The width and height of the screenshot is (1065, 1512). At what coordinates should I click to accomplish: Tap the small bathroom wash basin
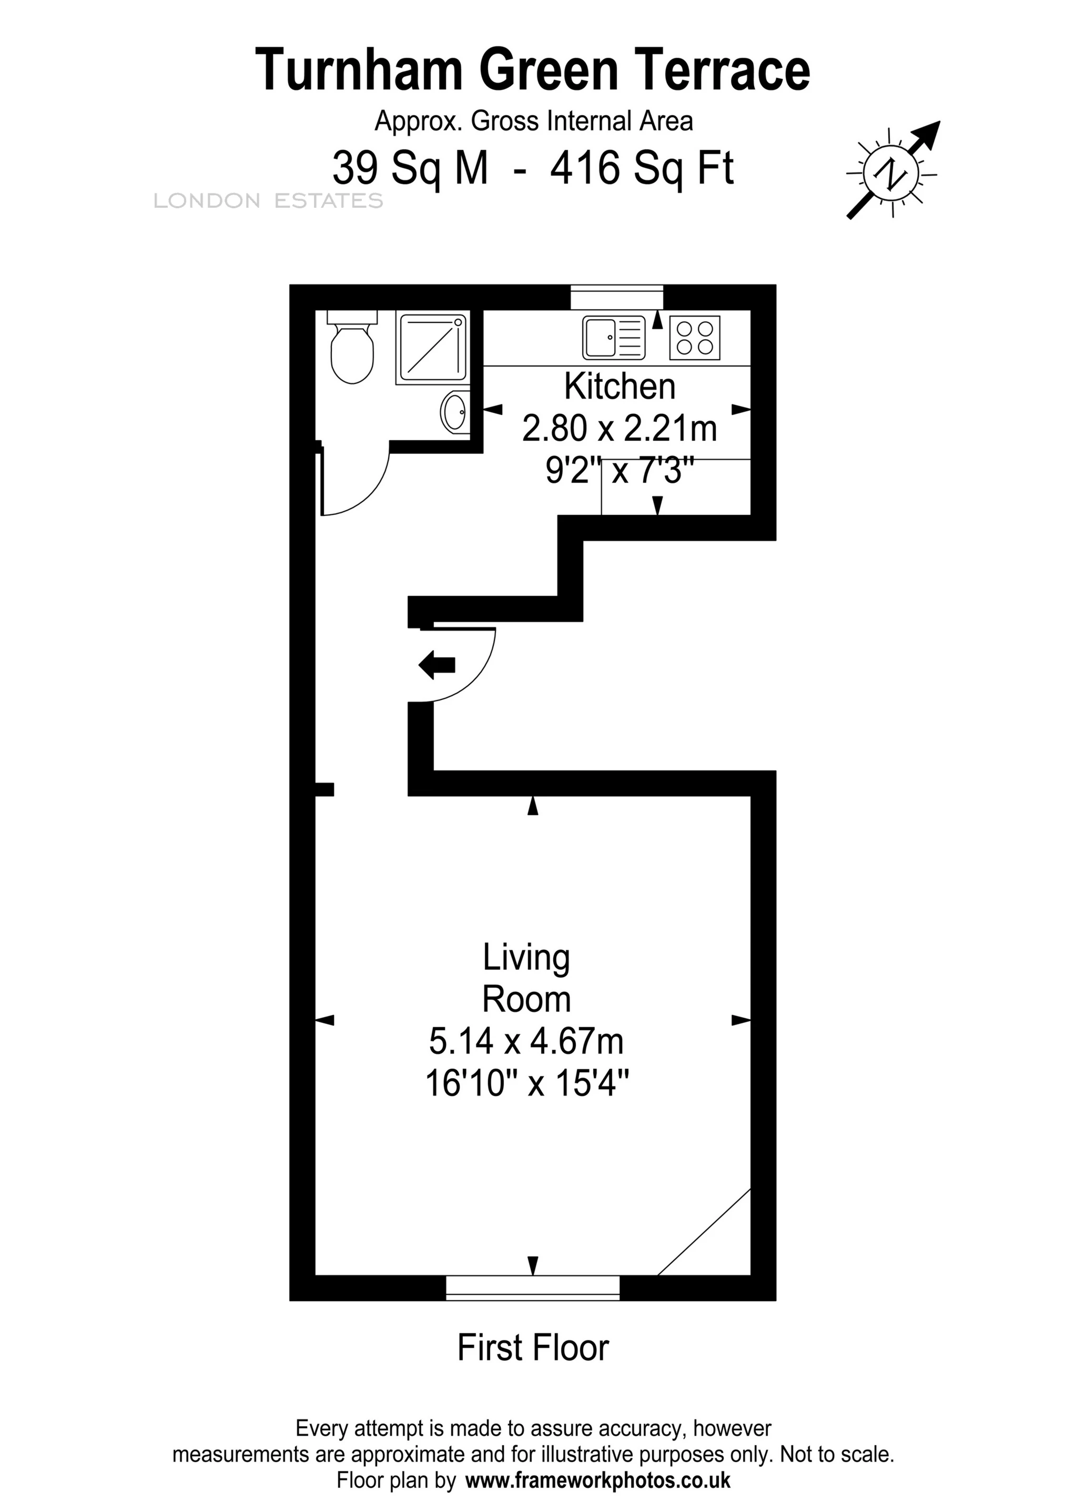point(454,412)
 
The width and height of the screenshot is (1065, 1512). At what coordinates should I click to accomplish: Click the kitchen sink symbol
point(613,337)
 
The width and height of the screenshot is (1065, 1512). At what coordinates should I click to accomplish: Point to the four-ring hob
point(695,337)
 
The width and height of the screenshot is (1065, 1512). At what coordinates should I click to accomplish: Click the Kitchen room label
point(620,387)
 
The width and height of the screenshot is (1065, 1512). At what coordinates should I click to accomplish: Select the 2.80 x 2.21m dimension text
point(619,429)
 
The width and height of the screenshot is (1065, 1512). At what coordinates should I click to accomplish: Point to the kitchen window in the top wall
point(616,296)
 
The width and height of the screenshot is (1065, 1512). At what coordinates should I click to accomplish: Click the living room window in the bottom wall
point(533,1287)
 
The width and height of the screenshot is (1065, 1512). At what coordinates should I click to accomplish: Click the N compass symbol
point(892,172)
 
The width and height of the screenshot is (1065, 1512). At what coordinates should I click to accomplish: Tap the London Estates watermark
point(268,201)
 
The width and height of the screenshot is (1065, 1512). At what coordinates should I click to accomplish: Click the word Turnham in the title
point(359,71)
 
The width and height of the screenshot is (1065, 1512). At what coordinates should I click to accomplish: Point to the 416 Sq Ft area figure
point(642,169)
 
